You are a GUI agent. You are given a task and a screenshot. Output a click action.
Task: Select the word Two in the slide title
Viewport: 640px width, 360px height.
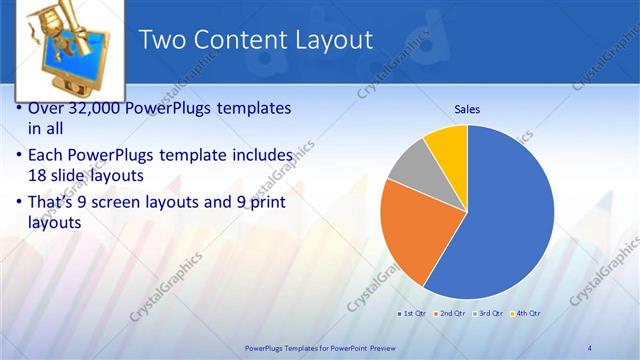pyautogui.click(x=163, y=40)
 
